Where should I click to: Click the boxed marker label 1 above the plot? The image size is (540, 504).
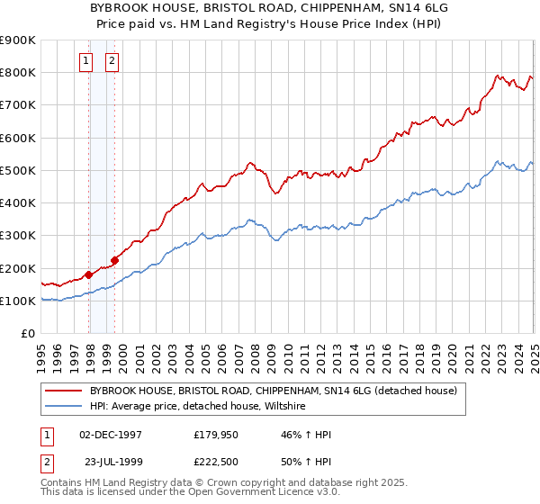(x=85, y=61)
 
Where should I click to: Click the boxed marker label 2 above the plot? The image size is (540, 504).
(x=112, y=61)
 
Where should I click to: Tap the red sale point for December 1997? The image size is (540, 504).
(x=89, y=274)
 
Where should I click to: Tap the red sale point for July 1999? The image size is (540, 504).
(x=115, y=261)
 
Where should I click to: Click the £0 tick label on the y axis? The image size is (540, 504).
(x=27, y=334)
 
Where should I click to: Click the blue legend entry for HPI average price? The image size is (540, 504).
(x=198, y=407)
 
